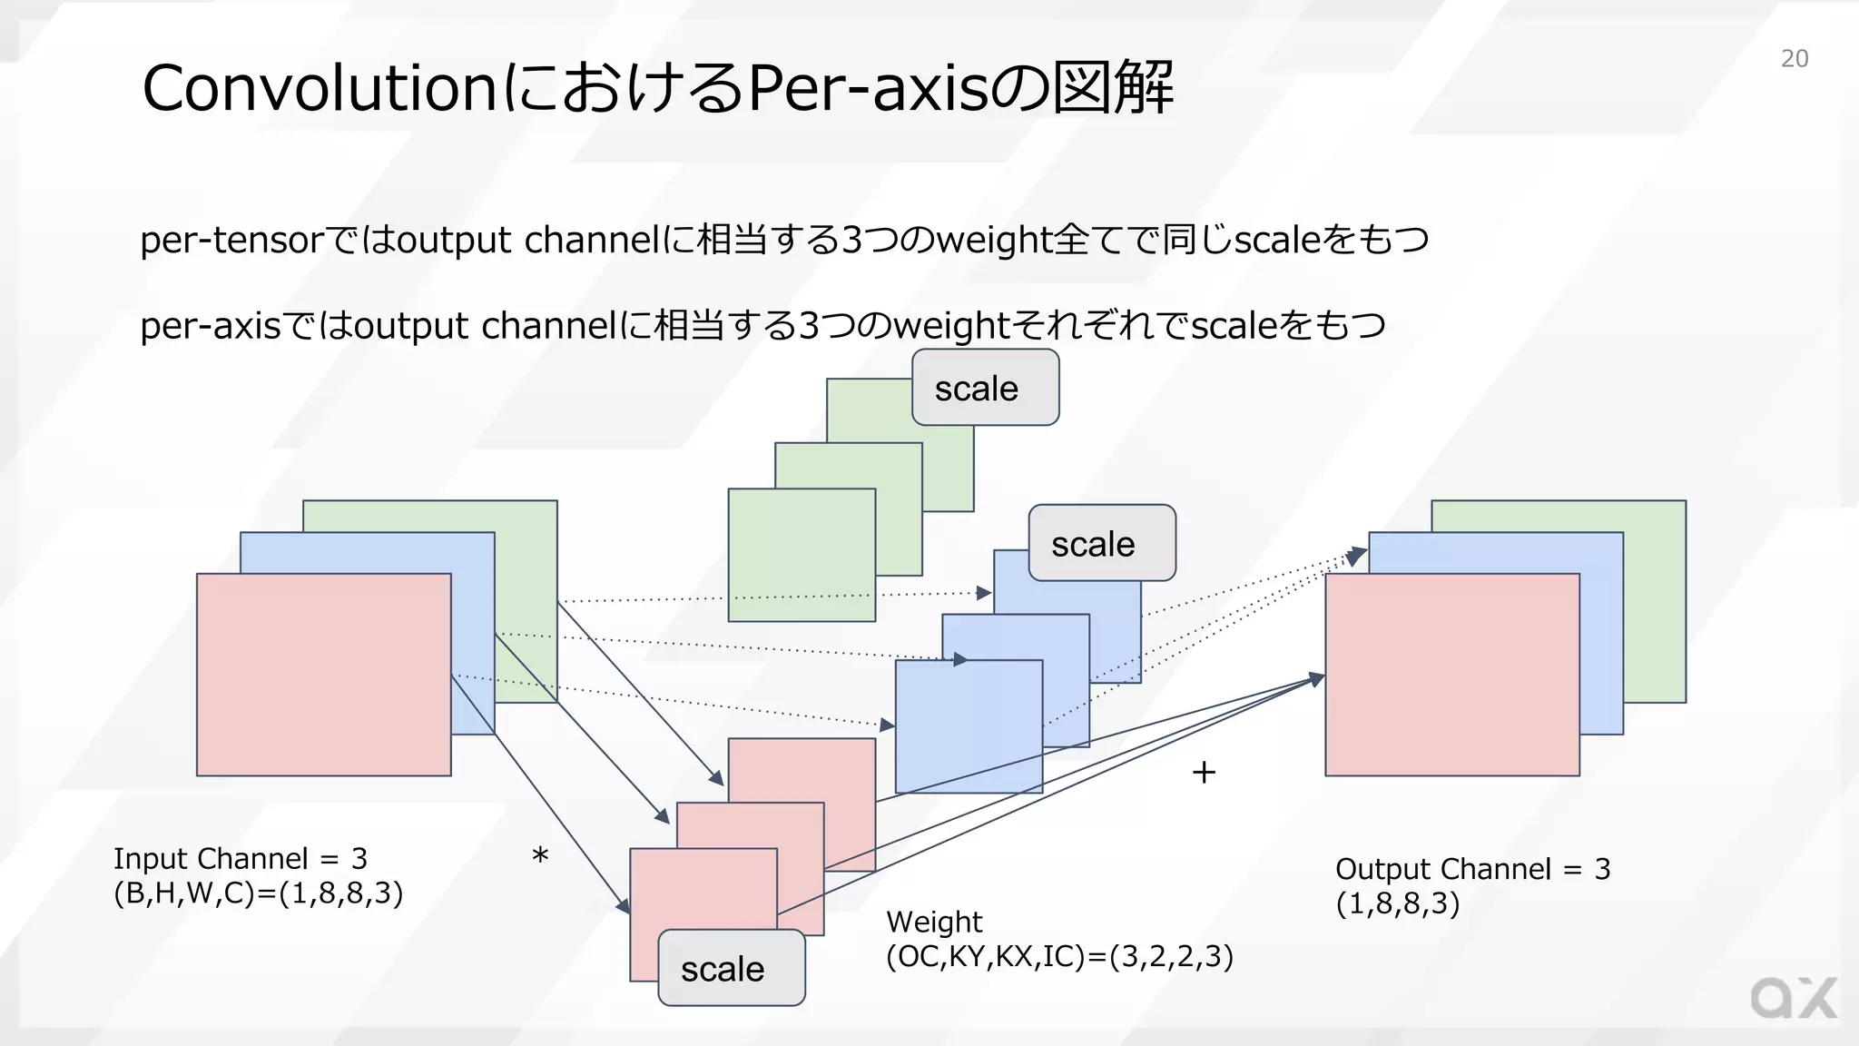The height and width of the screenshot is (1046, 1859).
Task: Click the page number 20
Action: (x=1794, y=58)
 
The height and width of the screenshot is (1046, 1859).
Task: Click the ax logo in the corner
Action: (x=1793, y=999)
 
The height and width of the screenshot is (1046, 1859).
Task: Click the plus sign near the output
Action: (x=1204, y=773)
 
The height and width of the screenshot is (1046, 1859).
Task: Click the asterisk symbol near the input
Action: (x=540, y=856)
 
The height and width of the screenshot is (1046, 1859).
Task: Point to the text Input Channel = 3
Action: (x=241, y=858)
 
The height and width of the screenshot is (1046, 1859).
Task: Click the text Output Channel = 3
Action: (x=1472, y=869)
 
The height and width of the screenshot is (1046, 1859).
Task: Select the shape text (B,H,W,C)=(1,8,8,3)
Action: (x=258, y=893)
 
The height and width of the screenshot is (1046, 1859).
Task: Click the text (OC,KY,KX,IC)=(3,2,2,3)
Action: (x=1059, y=956)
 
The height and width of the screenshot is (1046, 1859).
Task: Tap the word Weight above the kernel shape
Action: (x=934, y=922)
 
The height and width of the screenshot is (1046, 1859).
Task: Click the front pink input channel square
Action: (x=323, y=674)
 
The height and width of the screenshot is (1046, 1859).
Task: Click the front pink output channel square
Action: (x=1451, y=674)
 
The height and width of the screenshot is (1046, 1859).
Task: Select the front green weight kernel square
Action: (x=801, y=555)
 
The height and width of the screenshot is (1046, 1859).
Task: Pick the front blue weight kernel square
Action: (x=968, y=725)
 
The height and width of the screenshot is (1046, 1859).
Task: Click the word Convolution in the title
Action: (x=318, y=89)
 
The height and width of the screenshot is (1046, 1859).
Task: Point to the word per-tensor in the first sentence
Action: (x=231, y=240)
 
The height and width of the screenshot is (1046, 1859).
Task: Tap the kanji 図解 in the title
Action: (x=1113, y=88)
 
